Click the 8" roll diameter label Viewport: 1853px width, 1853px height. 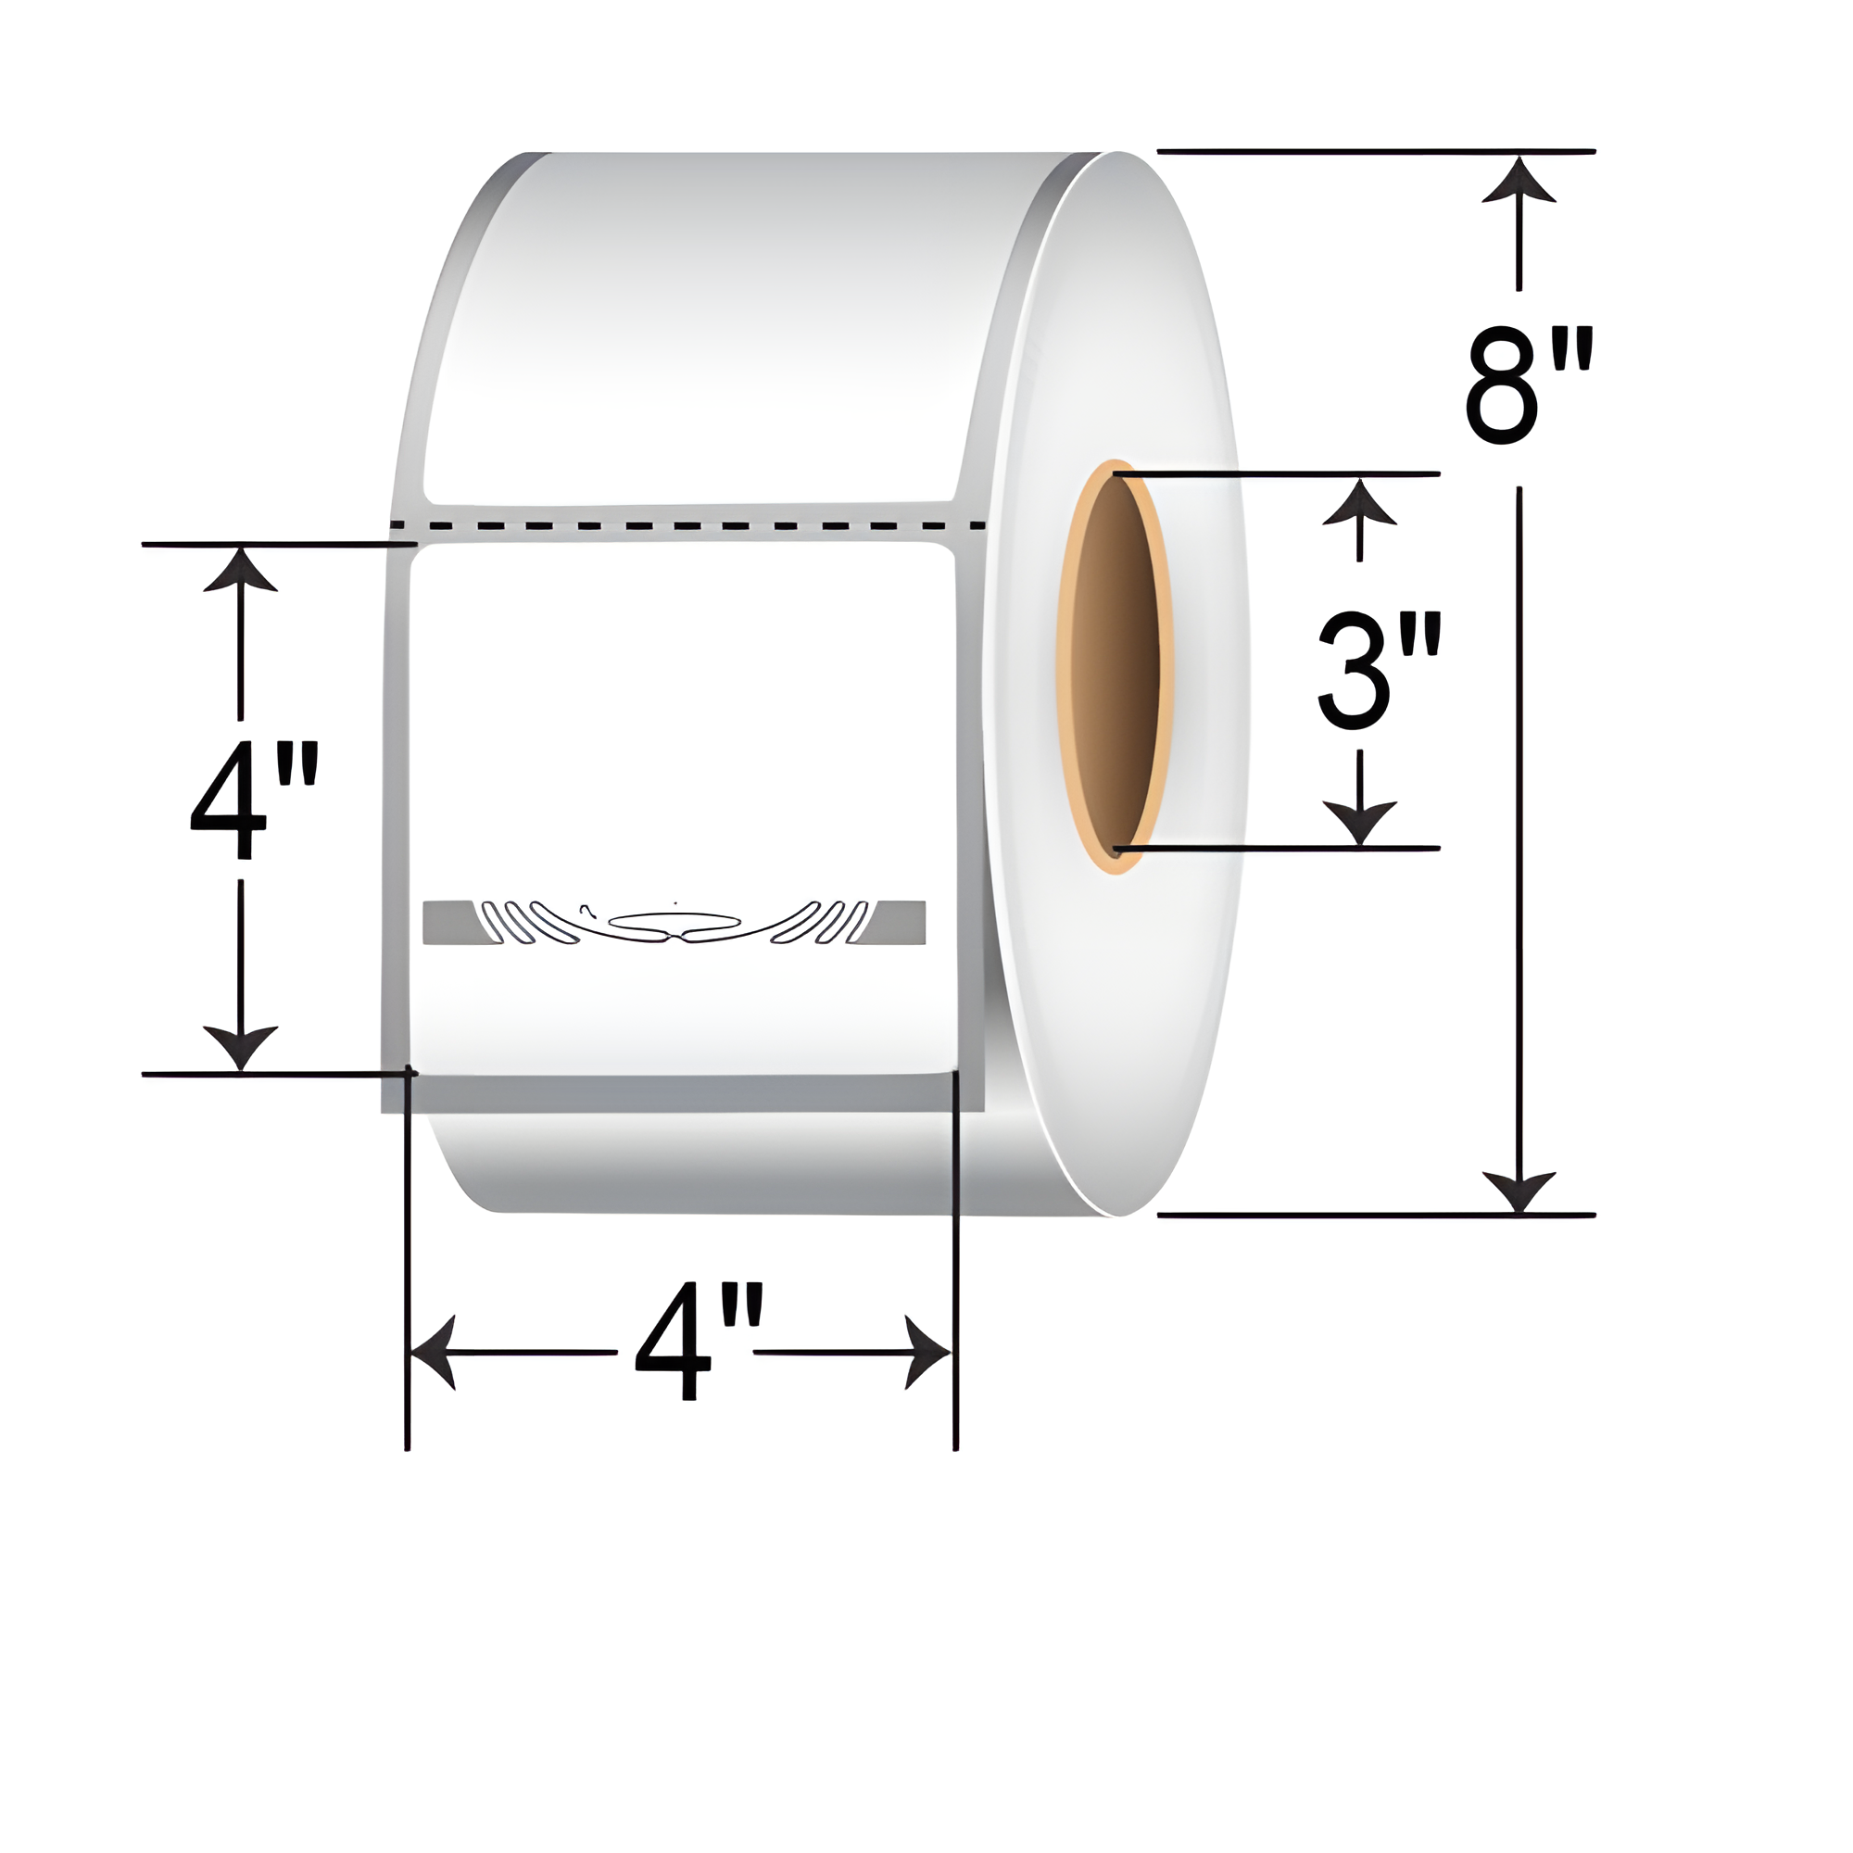1529,385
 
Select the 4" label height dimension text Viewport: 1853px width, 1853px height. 253,800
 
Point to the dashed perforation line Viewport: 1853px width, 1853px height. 687,525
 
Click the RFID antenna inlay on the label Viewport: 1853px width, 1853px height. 674,923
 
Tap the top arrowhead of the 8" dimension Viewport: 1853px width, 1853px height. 1519,183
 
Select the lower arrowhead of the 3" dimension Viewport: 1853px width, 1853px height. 1359,823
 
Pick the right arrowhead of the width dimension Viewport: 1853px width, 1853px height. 928,1353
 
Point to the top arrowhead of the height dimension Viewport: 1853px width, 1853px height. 240,571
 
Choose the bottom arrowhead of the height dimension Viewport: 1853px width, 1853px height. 240,1045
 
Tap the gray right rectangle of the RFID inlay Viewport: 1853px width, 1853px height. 894,923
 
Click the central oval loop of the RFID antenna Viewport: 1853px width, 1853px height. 674,922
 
